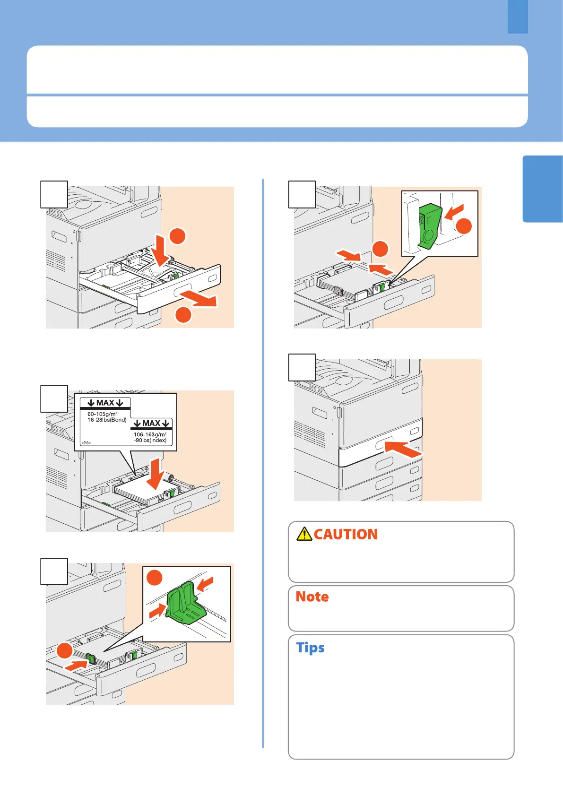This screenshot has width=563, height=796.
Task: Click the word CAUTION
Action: (346, 534)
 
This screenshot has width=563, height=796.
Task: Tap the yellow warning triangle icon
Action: (304, 534)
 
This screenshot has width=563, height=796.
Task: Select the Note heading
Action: (312, 597)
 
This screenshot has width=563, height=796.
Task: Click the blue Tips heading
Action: (310, 648)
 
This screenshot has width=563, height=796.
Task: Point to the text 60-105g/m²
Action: (102, 414)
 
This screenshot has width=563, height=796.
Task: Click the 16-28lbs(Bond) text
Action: (107, 420)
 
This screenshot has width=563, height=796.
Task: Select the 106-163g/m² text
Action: (150, 434)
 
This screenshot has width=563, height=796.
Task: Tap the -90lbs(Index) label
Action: (150, 440)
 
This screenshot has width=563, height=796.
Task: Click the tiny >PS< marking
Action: (86, 443)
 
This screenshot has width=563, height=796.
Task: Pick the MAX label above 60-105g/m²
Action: (105, 403)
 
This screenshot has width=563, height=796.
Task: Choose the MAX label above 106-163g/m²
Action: (151, 423)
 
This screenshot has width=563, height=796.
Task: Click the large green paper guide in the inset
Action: (186, 604)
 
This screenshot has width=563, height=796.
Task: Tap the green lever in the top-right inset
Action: (430, 226)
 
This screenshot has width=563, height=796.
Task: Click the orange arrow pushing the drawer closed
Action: (403, 449)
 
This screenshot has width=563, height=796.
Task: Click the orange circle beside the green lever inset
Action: (463, 226)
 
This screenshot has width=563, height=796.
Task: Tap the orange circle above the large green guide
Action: (155, 578)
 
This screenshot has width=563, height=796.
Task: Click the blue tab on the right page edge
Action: (543, 189)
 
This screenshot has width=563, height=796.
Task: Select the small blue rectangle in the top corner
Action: (518, 17)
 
